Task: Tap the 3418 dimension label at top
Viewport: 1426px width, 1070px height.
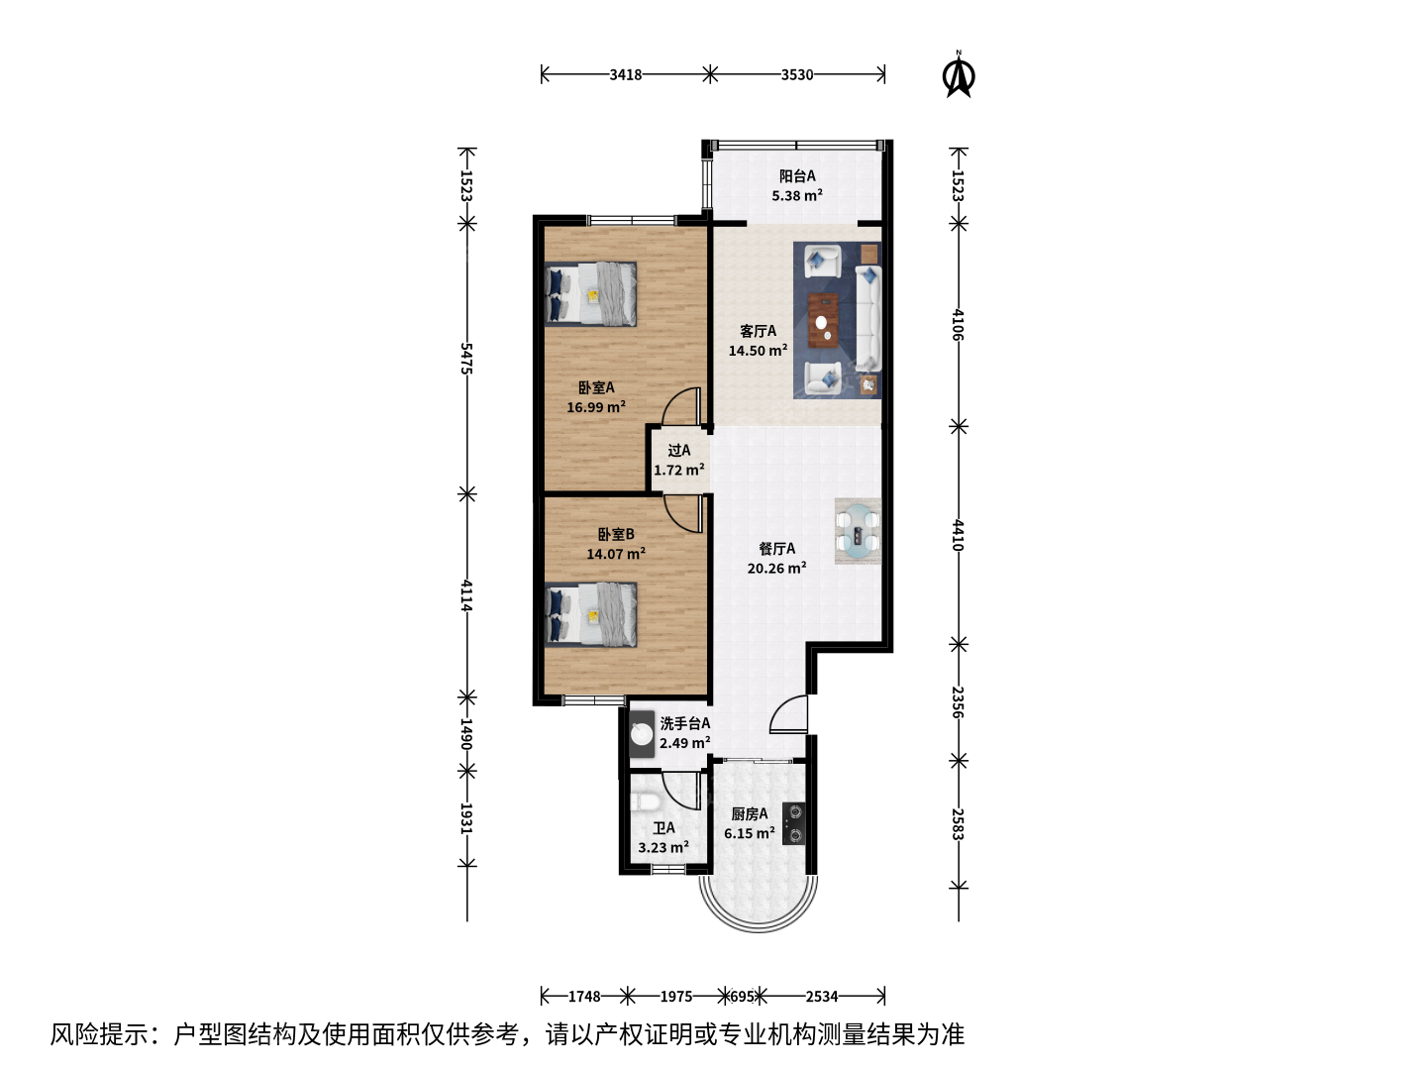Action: (x=625, y=74)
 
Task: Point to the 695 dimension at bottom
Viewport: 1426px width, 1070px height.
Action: (x=742, y=996)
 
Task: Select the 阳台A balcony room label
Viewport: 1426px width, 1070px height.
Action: (x=797, y=175)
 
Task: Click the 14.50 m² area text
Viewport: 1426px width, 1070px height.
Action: (x=758, y=351)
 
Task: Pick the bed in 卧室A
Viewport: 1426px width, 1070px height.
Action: (x=590, y=293)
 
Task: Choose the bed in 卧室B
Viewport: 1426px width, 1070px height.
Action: (x=590, y=614)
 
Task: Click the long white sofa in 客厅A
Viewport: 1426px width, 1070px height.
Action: (x=867, y=318)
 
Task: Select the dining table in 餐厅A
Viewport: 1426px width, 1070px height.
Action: (x=858, y=531)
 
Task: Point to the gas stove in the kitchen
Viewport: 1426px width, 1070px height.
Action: (x=793, y=823)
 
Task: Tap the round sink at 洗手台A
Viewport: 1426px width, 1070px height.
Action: (x=642, y=734)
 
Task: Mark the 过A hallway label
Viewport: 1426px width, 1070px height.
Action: (x=679, y=450)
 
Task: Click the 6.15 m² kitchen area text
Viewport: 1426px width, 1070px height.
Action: (x=749, y=833)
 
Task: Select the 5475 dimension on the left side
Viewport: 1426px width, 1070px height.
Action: (x=465, y=359)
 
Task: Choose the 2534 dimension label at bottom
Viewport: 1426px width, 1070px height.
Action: (x=822, y=996)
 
